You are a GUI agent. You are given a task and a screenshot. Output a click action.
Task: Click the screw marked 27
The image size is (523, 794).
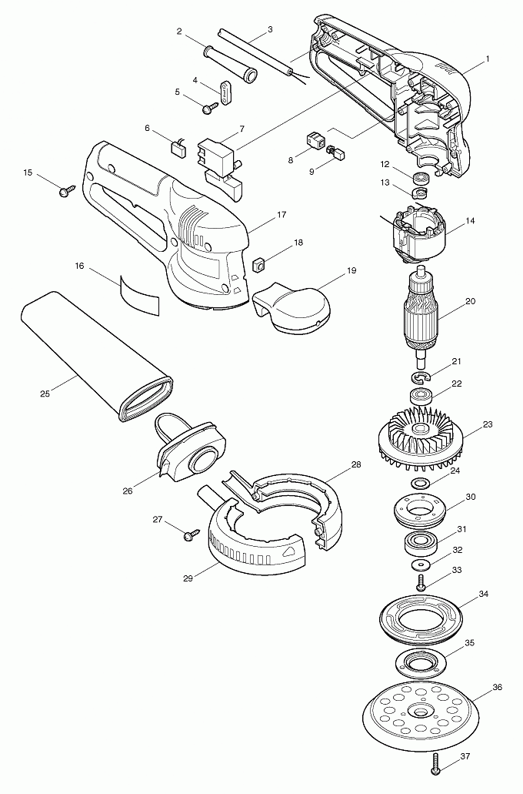coord(188,535)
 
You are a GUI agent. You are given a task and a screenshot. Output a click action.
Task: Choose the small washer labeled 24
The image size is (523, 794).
coord(420,484)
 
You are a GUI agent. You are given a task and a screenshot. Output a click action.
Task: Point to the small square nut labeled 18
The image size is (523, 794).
coord(258,266)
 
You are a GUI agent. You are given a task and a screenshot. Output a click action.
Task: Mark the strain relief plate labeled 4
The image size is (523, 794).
coord(224,92)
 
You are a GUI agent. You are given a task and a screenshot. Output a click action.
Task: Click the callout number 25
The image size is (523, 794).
coord(45,394)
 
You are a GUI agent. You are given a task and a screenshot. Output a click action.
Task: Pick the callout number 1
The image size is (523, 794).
coord(487,59)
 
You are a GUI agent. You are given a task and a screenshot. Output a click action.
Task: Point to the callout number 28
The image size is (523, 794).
coord(355,464)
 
